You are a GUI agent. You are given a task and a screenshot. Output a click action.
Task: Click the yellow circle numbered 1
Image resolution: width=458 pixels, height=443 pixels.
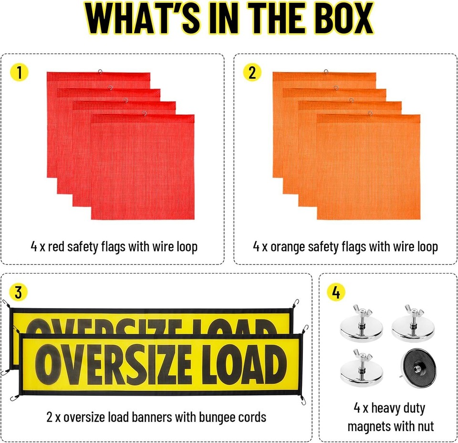pos(19,72)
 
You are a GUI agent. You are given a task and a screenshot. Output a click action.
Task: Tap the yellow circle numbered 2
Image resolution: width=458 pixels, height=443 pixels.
pos(252,72)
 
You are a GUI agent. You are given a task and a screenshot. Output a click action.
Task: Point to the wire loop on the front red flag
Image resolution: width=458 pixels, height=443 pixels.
pos(144,113)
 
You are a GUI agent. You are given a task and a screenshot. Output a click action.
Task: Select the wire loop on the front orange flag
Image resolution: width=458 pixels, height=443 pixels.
pos(369,113)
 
